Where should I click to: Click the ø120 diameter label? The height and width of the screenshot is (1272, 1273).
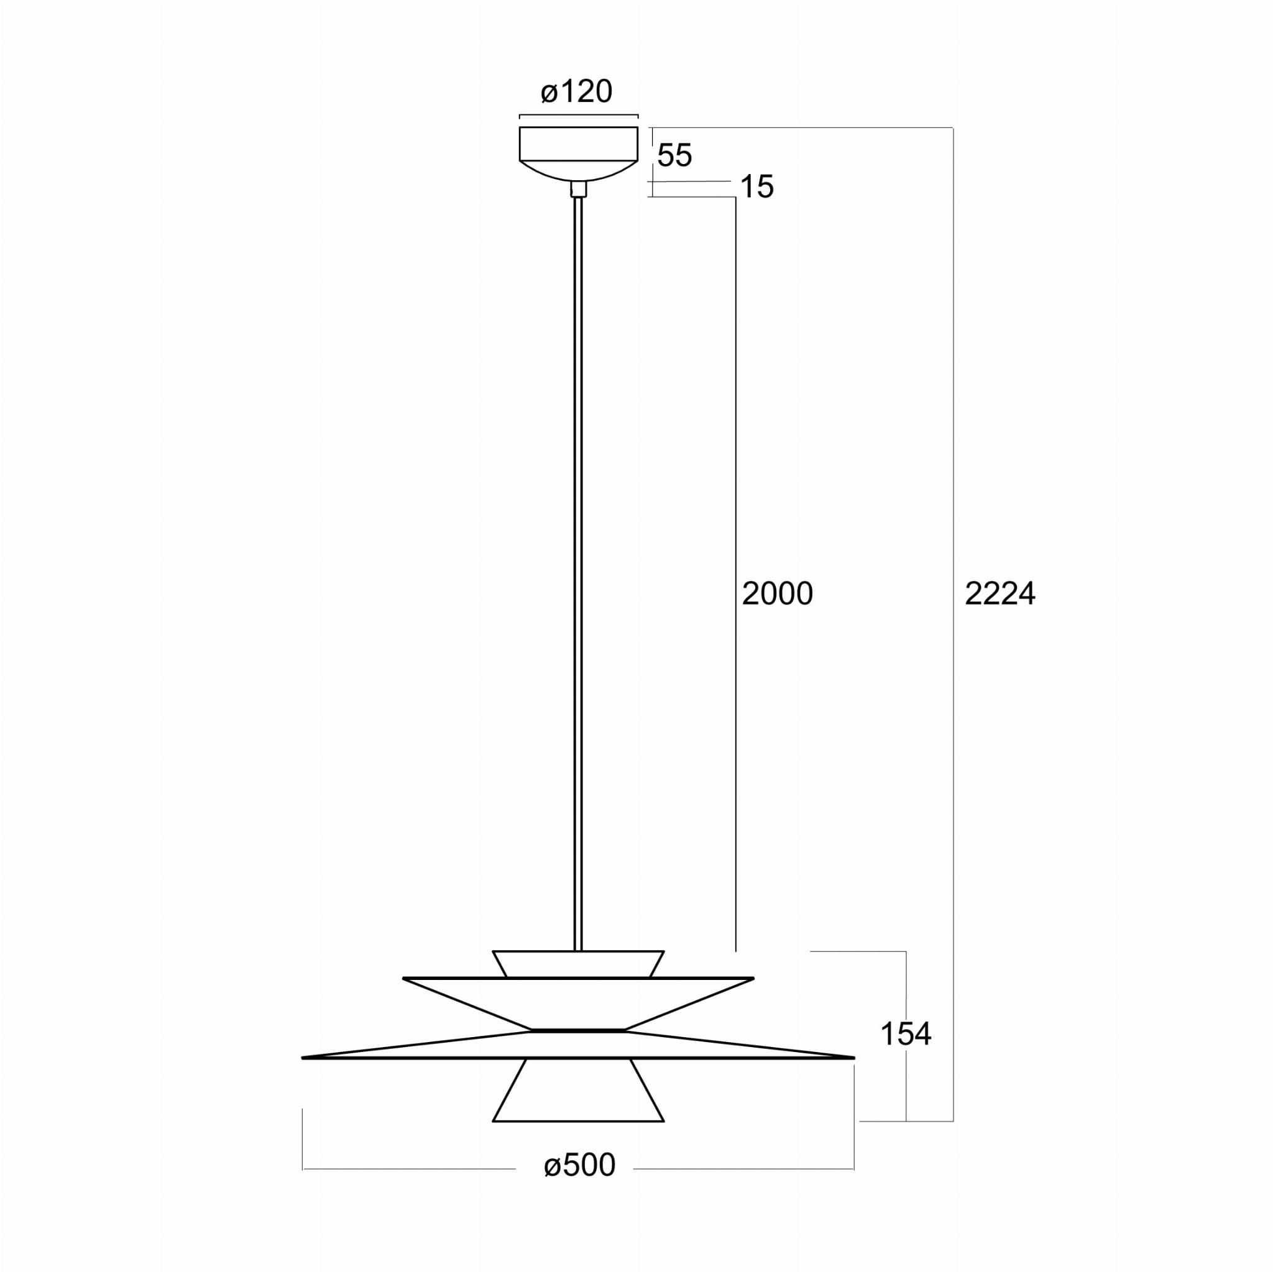pyautogui.click(x=577, y=91)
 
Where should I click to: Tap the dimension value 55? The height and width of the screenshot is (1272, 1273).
pyautogui.click(x=674, y=155)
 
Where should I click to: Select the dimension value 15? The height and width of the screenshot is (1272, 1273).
pyautogui.click(x=756, y=187)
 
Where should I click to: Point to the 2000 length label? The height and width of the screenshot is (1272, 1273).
pyautogui.click(x=778, y=593)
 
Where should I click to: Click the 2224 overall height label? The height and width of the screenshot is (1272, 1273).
pyautogui.click(x=1000, y=593)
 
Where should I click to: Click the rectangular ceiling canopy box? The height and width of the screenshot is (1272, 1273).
pyautogui.click(x=579, y=144)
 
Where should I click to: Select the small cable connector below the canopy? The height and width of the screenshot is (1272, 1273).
pyautogui.click(x=579, y=189)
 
